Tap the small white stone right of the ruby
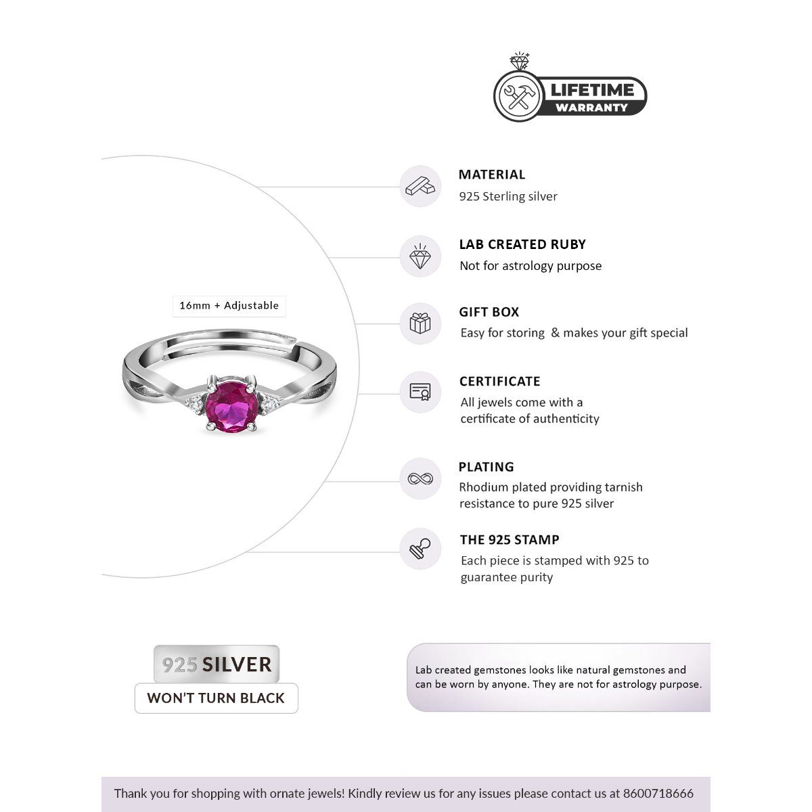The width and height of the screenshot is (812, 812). tap(268, 404)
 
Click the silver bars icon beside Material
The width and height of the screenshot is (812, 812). tap(420, 187)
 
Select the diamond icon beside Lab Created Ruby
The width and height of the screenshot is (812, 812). tap(420, 256)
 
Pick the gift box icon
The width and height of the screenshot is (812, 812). tap(420, 323)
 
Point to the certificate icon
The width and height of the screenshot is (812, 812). tap(420, 392)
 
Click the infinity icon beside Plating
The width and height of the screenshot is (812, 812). tap(420, 479)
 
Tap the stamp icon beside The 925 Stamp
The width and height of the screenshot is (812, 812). tap(420, 549)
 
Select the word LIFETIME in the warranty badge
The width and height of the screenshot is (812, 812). tap(592, 90)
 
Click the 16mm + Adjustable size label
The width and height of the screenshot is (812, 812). tap(229, 306)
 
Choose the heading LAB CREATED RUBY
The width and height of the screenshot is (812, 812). tap(522, 244)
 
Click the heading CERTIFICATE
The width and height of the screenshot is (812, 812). tap(500, 382)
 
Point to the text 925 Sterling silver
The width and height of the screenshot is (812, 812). tap(508, 197)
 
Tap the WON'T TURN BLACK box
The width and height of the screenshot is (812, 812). tap(216, 698)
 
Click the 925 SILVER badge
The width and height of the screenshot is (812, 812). tap(217, 664)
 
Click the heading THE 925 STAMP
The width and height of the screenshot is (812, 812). tap(510, 540)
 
